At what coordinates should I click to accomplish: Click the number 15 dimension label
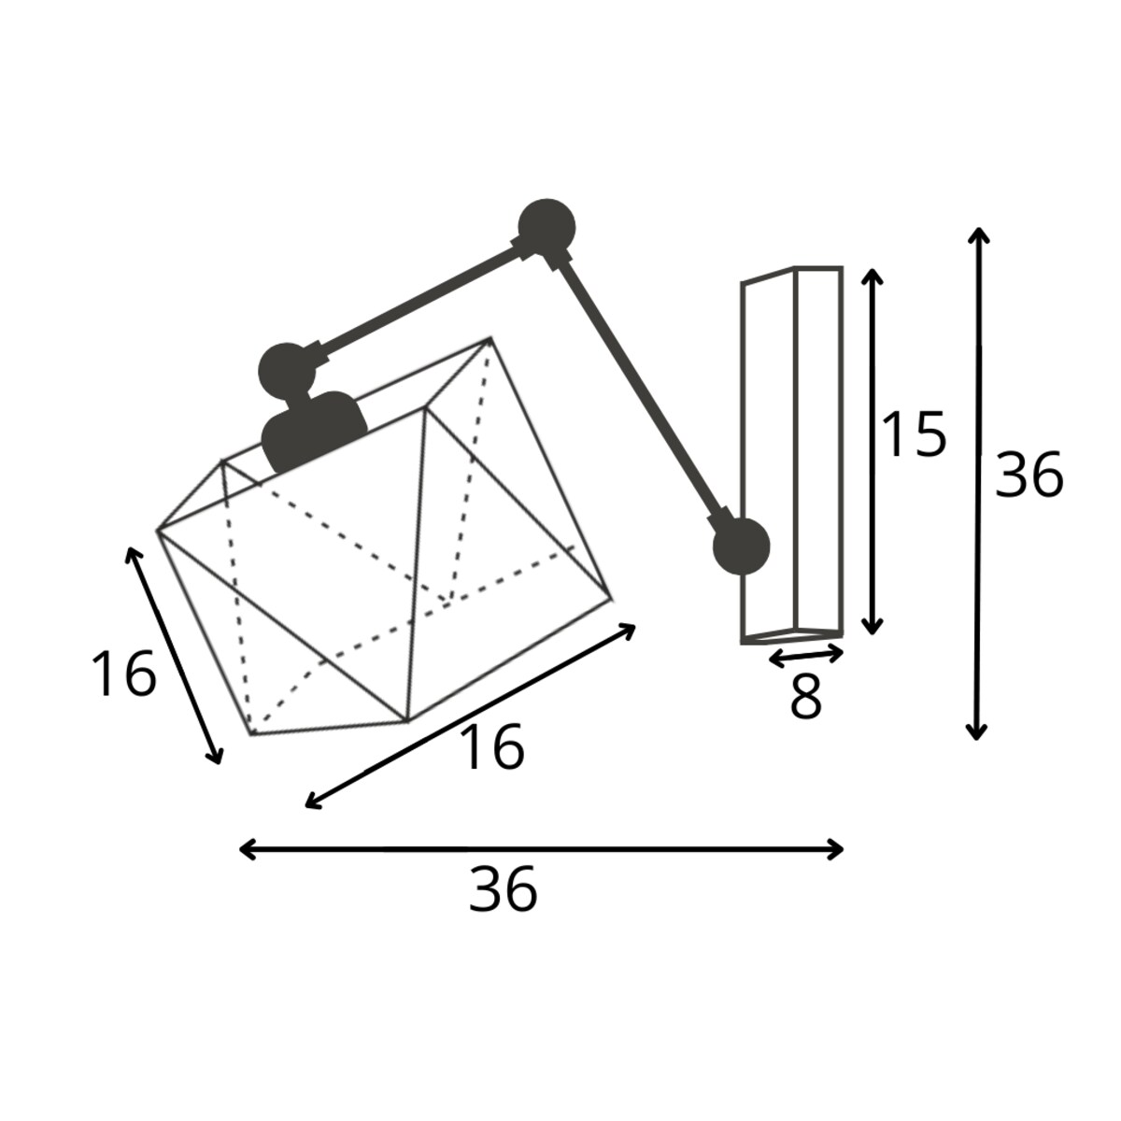coord(914,434)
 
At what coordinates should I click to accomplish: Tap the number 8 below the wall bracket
coord(805,696)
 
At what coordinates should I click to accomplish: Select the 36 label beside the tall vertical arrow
coord(1029,475)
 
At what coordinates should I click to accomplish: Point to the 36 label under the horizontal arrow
coord(504,906)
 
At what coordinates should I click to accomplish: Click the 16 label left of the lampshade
coord(124,674)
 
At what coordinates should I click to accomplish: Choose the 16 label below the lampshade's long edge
coord(491,747)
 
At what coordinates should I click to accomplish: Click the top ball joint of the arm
coord(546,227)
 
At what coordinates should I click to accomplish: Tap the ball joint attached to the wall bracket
coord(741,546)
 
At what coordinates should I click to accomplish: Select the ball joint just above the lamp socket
coord(286,371)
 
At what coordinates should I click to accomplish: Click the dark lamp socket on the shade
coord(314,432)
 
